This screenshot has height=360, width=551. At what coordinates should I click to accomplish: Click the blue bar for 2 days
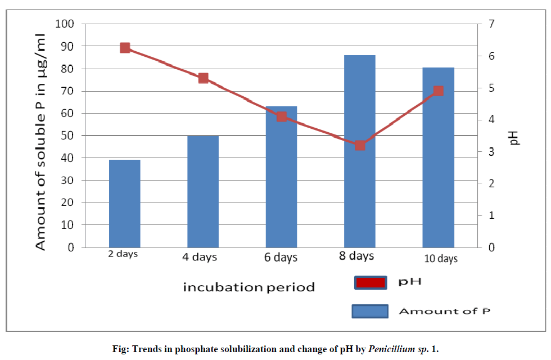click(125, 204)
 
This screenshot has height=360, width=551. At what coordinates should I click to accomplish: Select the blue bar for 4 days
click(203, 191)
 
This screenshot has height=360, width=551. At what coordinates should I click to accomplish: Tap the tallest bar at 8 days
click(360, 151)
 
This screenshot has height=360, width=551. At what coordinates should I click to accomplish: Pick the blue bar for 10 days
click(438, 157)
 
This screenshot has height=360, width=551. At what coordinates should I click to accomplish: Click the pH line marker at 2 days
click(125, 48)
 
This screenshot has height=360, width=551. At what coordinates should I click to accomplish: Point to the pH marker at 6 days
click(282, 117)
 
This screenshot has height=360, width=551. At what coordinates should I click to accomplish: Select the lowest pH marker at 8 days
click(360, 145)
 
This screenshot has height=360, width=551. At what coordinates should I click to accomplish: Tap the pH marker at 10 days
click(439, 91)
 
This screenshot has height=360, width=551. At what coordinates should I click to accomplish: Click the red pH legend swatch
click(371, 282)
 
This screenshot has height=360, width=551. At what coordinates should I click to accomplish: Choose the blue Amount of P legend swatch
click(371, 310)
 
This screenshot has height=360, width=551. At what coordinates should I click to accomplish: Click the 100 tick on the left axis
click(65, 24)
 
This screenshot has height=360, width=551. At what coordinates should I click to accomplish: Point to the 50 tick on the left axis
click(67, 136)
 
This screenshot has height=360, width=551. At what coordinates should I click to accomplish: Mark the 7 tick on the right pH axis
click(490, 24)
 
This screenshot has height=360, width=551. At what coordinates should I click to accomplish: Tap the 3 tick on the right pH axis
click(490, 152)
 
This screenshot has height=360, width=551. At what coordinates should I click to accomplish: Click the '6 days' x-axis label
click(281, 258)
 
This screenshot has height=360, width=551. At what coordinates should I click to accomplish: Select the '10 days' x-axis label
click(440, 259)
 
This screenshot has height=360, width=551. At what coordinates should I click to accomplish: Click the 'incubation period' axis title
click(249, 287)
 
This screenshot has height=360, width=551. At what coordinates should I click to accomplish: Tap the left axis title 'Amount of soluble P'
click(40, 141)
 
